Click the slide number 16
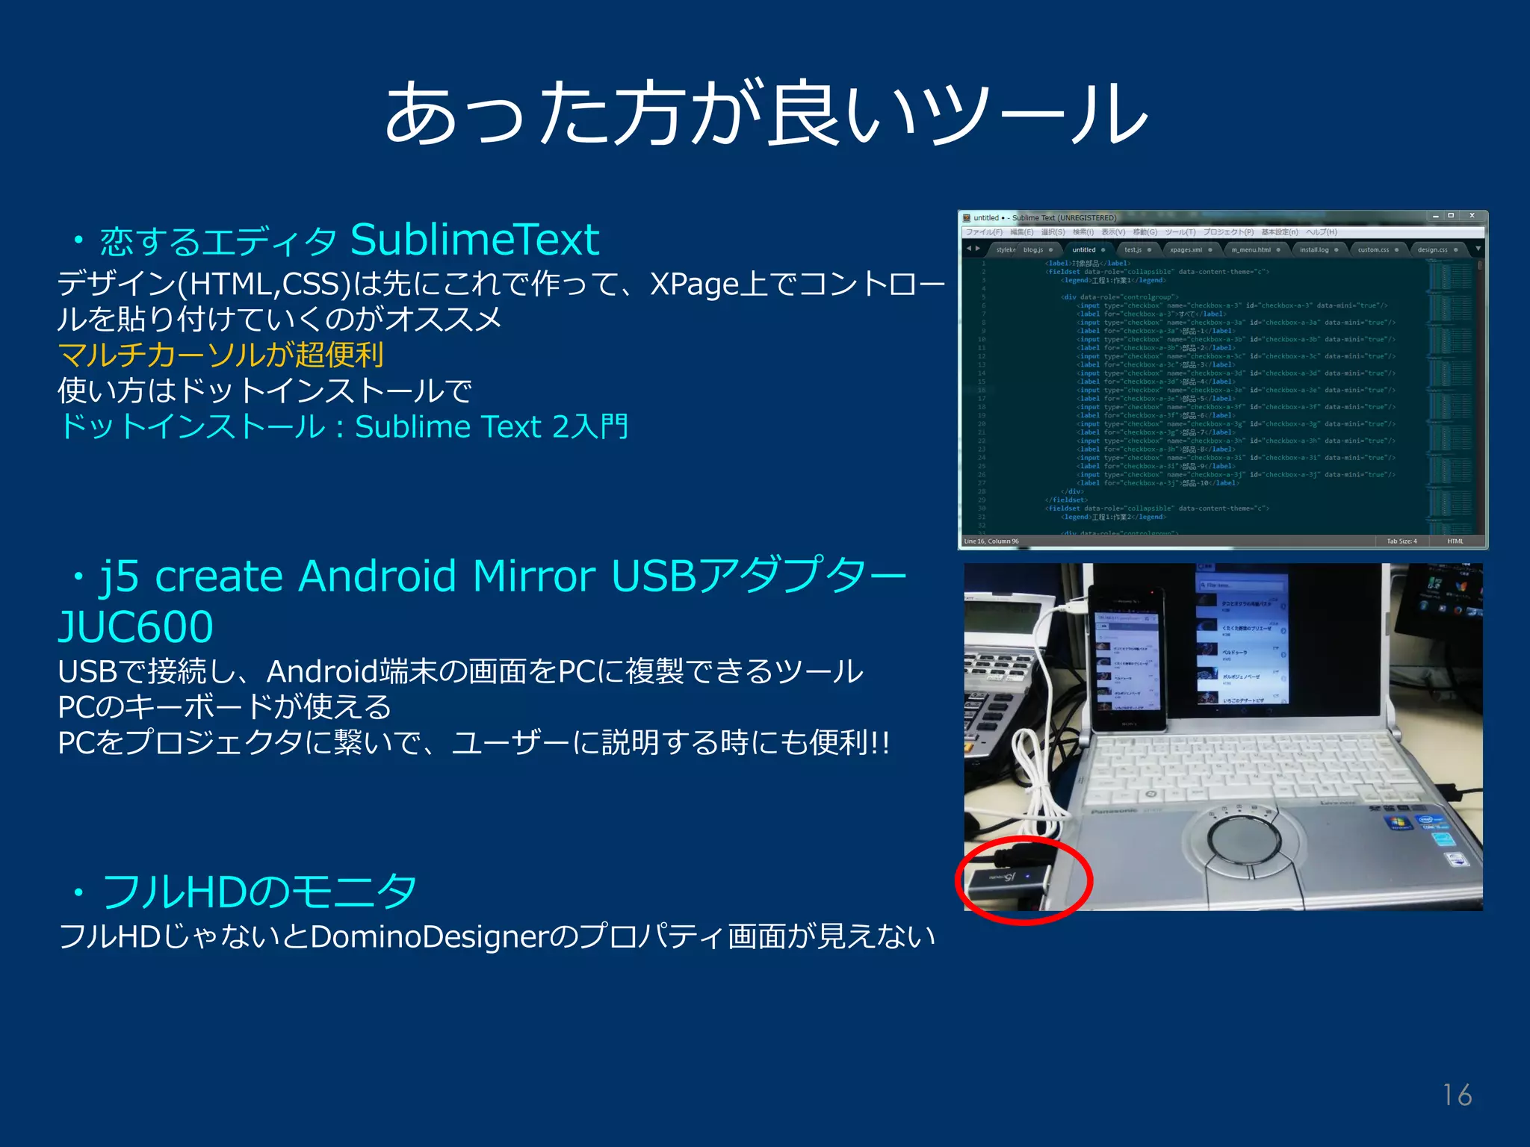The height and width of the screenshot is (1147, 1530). (1457, 1095)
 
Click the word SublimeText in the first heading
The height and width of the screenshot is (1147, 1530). (474, 240)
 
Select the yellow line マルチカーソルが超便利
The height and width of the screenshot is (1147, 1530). (221, 355)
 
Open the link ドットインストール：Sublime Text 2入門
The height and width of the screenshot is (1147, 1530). (344, 427)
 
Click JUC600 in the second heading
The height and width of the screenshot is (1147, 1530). (136, 626)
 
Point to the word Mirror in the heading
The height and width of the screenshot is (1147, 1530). (533, 576)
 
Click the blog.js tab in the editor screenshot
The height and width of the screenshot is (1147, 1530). (1034, 249)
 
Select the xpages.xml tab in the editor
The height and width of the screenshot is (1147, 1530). (1186, 249)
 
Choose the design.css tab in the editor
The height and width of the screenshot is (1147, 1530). (1432, 249)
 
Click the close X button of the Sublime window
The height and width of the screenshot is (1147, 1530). (1472, 216)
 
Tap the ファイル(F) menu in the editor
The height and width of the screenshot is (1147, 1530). (983, 232)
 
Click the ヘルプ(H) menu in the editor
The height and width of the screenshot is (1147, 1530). (1321, 232)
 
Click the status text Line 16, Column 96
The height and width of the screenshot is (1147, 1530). (991, 541)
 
